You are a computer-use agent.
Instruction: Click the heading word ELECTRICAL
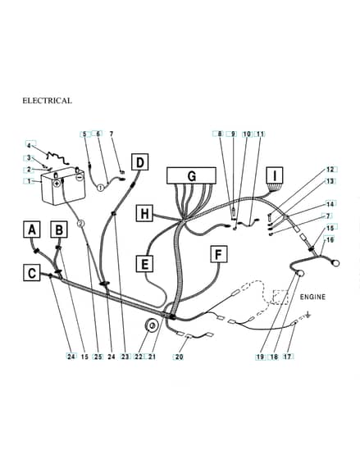[x=48, y=101]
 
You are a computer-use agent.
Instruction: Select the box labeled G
[x=191, y=175]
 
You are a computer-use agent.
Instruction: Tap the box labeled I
[x=275, y=175]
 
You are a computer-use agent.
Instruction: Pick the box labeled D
[x=140, y=162]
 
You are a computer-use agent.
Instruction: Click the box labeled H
[x=144, y=213]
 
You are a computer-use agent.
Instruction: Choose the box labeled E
[x=144, y=263]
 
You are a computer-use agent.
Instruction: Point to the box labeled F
[x=219, y=254]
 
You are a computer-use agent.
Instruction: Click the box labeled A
[x=32, y=229]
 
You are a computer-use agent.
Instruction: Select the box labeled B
[x=59, y=229]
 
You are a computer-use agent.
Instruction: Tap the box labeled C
[x=32, y=272]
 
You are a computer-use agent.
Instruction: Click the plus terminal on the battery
[x=57, y=184]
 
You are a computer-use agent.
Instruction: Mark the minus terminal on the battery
[x=80, y=177]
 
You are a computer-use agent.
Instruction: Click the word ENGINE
[x=312, y=297]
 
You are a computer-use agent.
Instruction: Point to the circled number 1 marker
[x=100, y=187]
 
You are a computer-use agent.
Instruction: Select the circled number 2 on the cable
[x=81, y=224]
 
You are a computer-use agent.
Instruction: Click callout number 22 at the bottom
[x=139, y=357]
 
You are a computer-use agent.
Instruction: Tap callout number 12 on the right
[x=330, y=170]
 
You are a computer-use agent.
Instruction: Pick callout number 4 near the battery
[x=29, y=146]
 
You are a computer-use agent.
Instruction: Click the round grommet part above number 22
[x=153, y=325]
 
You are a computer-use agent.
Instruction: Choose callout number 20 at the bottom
[x=179, y=357]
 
